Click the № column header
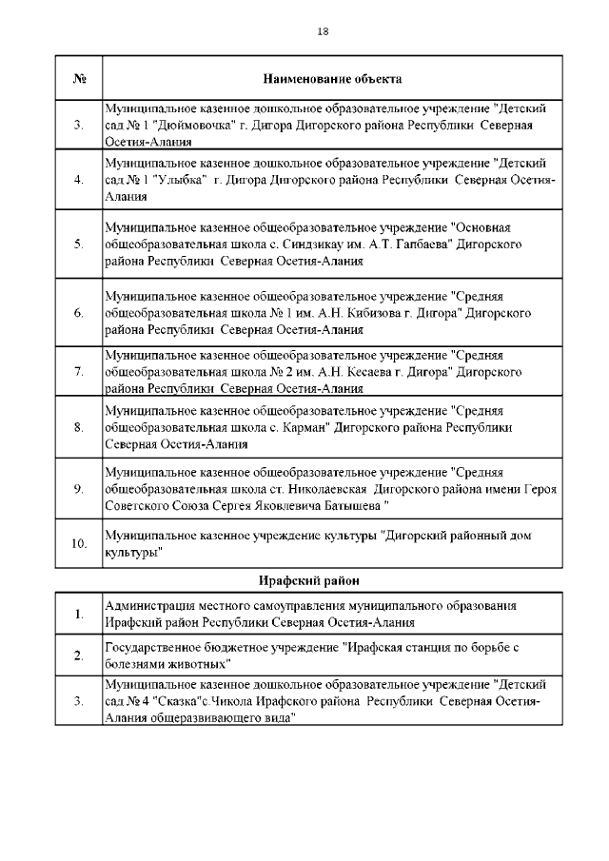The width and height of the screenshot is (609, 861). point(79,78)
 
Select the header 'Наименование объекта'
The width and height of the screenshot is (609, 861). point(331,78)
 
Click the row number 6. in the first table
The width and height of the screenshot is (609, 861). point(79,312)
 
